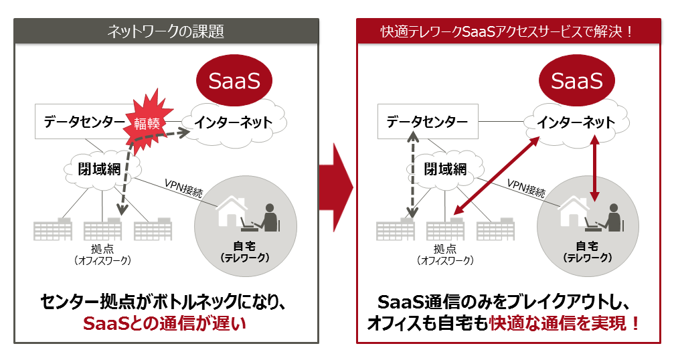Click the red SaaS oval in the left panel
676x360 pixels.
[x=234, y=80]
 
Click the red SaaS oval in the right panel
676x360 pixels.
[x=576, y=80]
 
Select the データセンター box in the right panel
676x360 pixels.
[x=428, y=122]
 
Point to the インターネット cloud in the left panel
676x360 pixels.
[x=234, y=122]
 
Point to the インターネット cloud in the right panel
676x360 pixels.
[x=576, y=122]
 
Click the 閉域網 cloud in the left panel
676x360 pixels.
[x=100, y=169]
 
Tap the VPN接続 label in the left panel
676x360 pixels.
[x=183, y=188]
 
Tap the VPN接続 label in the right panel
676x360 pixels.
[x=526, y=188]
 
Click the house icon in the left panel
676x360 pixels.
[x=232, y=211]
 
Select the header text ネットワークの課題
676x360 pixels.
[x=165, y=31]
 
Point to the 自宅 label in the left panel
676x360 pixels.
[x=244, y=246]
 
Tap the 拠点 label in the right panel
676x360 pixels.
[x=444, y=249]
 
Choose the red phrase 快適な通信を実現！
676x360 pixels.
[x=565, y=323]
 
